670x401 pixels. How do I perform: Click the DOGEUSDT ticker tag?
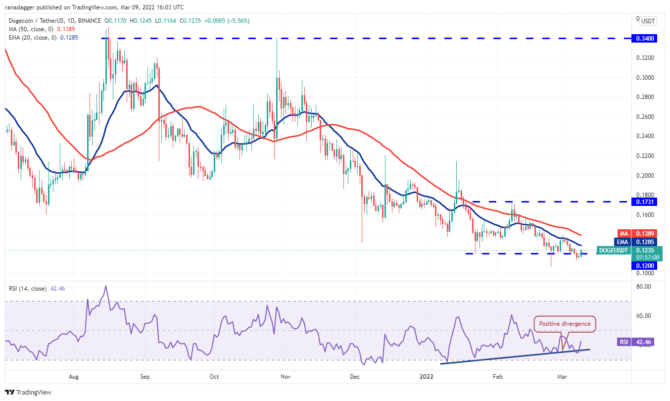tap(614, 251)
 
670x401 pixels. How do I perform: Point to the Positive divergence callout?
tap(565, 324)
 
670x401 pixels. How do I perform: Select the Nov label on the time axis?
tap(286, 377)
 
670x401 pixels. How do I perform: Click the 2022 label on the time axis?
tap(427, 377)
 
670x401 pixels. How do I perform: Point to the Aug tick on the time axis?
tap(74, 377)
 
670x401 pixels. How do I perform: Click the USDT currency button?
tap(648, 21)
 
